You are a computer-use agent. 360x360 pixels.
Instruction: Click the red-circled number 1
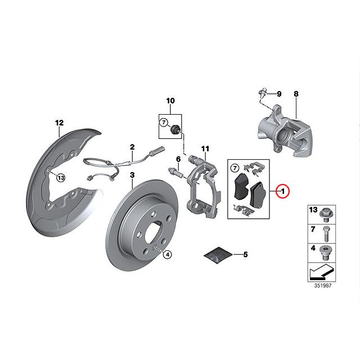pos(283,191)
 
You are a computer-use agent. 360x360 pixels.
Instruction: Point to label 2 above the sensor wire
pos(132,147)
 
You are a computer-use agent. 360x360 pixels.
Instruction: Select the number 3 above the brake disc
pos(132,175)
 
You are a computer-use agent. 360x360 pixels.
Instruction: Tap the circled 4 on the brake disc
pos(166,254)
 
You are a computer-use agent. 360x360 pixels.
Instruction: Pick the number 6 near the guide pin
pos(178,159)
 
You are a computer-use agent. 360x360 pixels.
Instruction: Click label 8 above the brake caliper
pos(296,93)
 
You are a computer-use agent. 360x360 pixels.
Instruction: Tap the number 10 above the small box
pos(170,101)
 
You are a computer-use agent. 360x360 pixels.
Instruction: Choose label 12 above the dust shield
pos(60,122)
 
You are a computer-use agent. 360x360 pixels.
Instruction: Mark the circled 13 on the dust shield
pos(61,177)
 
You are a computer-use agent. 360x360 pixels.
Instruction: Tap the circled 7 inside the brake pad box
pos(235,167)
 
